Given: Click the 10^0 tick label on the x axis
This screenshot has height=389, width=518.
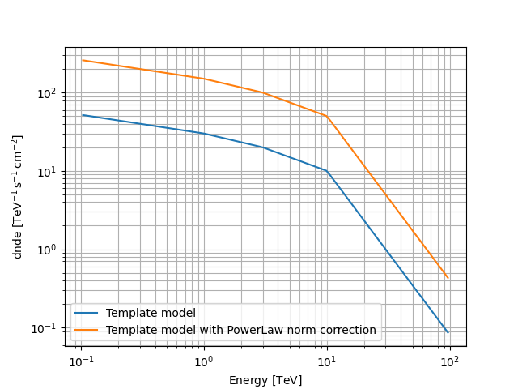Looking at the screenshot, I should click(204, 360).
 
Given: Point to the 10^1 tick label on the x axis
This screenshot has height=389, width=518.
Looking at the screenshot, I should click(327, 360).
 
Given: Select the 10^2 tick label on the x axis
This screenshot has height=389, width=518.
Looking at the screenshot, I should click(450, 360).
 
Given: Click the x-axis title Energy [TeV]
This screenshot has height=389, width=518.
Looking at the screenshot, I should click(265, 379).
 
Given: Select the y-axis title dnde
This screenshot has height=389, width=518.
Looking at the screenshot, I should click(18, 197).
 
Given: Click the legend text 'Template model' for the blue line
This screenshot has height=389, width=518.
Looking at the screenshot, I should click(151, 313).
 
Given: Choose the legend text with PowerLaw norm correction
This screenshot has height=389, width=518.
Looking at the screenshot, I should click(241, 330).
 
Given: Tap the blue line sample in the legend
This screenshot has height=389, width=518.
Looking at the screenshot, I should click(87, 314).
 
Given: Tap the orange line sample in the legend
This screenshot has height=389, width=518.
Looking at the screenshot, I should click(87, 330).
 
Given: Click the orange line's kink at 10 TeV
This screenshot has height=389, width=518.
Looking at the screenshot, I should click(327, 116).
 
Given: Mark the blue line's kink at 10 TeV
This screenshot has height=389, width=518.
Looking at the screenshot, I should click(327, 171).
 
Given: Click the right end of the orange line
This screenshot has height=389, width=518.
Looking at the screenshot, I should click(448, 278).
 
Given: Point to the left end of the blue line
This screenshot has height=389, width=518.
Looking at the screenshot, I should click(83, 115).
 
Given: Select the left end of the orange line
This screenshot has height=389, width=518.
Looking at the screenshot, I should click(83, 60).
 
